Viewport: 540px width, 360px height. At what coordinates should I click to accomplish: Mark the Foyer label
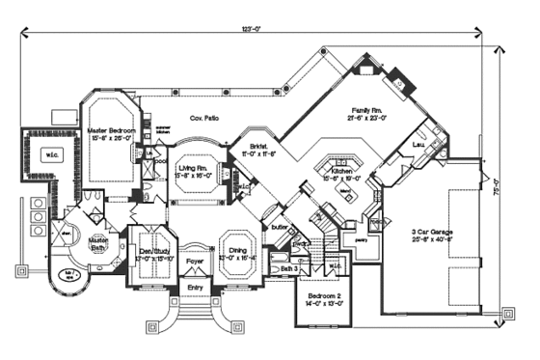click(195, 260)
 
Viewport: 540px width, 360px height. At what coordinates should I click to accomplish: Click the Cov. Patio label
click(203, 119)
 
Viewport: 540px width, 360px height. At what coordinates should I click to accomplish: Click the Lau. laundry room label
click(418, 145)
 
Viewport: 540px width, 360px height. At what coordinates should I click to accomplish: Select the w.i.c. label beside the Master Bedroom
click(48, 152)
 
